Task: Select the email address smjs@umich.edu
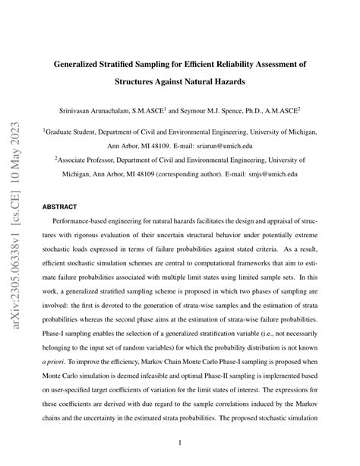(x=270, y=173)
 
